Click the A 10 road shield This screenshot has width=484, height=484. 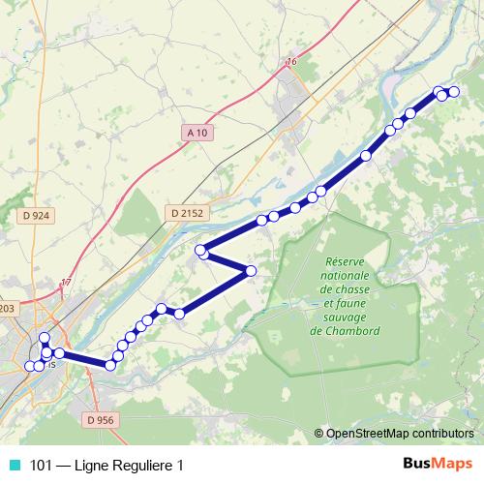(x=197, y=133)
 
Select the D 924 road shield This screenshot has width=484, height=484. (x=34, y=215)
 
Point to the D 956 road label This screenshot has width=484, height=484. (x=100, y=420)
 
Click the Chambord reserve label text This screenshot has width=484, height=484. (x=345, y=296)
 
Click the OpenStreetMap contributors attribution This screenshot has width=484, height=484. (x=400, y=434)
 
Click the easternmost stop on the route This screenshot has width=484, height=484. (x=453, y=92)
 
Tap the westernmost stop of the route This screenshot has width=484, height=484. (x=28, y=366)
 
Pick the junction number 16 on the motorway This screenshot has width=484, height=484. (x=291, y=63)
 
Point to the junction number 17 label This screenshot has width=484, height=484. (x=66, y=282)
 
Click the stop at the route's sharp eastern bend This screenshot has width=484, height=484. (x=252, y=270)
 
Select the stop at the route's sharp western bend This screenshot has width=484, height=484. (x=200, y=251)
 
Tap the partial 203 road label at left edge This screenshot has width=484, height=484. (x=7, y=308)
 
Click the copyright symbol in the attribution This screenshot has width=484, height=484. (x=319, y=434)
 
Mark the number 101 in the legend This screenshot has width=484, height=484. (x=41, y=465)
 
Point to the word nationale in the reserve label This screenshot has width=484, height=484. (x=345, y=276)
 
